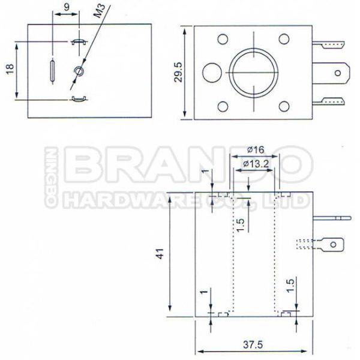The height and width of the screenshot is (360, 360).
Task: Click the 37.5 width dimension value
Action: (253, 344)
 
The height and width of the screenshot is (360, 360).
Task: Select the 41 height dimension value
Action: (160, 254)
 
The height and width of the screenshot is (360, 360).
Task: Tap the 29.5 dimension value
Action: (178, 72)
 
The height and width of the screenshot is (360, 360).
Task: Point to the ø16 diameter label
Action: (256, 150)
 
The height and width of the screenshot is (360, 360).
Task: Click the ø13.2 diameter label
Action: (256, 164)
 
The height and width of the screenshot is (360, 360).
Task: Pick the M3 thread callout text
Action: (100, 11)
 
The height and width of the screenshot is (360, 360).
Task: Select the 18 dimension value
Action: (10, 69)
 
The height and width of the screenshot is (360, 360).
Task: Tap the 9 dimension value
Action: (67, 7)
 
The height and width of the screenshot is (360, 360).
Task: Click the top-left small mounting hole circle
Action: (223, 39)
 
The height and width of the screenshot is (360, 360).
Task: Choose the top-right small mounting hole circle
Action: (284, 39)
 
